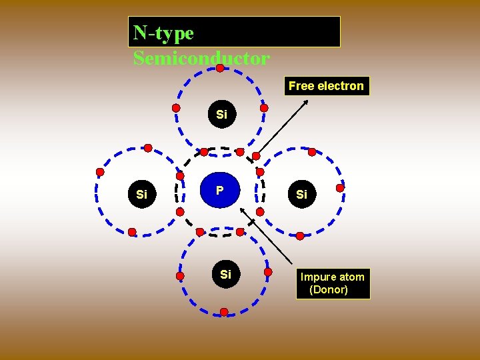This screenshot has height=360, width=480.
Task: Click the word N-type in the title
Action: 163,33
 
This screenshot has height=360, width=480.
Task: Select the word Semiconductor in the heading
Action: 201,59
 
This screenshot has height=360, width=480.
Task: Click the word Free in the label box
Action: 301,86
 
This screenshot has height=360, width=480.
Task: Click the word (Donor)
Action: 329,290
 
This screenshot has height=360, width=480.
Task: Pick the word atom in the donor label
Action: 351,277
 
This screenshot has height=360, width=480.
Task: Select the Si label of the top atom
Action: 221,115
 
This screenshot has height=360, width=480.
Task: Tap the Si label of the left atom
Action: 141,195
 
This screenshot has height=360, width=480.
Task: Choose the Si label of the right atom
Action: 301,195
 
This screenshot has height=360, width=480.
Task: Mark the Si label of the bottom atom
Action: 225,274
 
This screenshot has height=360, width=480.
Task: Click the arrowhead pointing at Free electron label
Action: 306,101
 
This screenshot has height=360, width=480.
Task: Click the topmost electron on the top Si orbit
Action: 220,68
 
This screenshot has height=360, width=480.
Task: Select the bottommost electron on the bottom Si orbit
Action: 224,312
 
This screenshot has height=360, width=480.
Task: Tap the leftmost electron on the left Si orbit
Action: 100,172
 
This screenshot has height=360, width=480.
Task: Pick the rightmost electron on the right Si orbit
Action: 340,188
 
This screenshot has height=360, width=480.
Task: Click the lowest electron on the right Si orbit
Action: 300,236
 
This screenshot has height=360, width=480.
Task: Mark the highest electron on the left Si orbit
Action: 148,148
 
